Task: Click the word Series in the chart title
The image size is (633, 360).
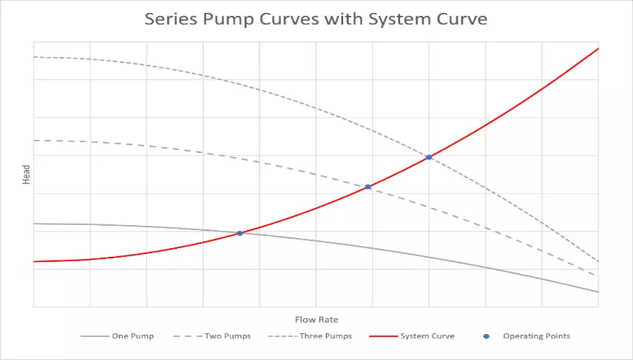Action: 170,19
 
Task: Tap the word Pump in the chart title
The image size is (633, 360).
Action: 231,19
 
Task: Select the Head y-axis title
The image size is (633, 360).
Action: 26,175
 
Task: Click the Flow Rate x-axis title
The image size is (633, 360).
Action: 316,320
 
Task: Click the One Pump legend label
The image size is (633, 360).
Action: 133,336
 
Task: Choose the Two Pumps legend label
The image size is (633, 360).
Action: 227,336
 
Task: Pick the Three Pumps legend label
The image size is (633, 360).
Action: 326,336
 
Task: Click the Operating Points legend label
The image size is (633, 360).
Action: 536,336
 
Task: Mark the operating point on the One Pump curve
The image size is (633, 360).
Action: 239,233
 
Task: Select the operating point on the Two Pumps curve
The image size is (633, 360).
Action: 368,187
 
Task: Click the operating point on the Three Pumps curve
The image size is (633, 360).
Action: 429,157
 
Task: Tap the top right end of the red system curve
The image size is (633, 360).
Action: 598,49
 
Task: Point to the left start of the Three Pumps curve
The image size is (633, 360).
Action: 35,57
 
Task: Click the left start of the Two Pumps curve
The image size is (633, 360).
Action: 35,140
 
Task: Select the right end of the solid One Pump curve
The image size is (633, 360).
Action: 598,291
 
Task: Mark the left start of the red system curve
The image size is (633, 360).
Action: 35,261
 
